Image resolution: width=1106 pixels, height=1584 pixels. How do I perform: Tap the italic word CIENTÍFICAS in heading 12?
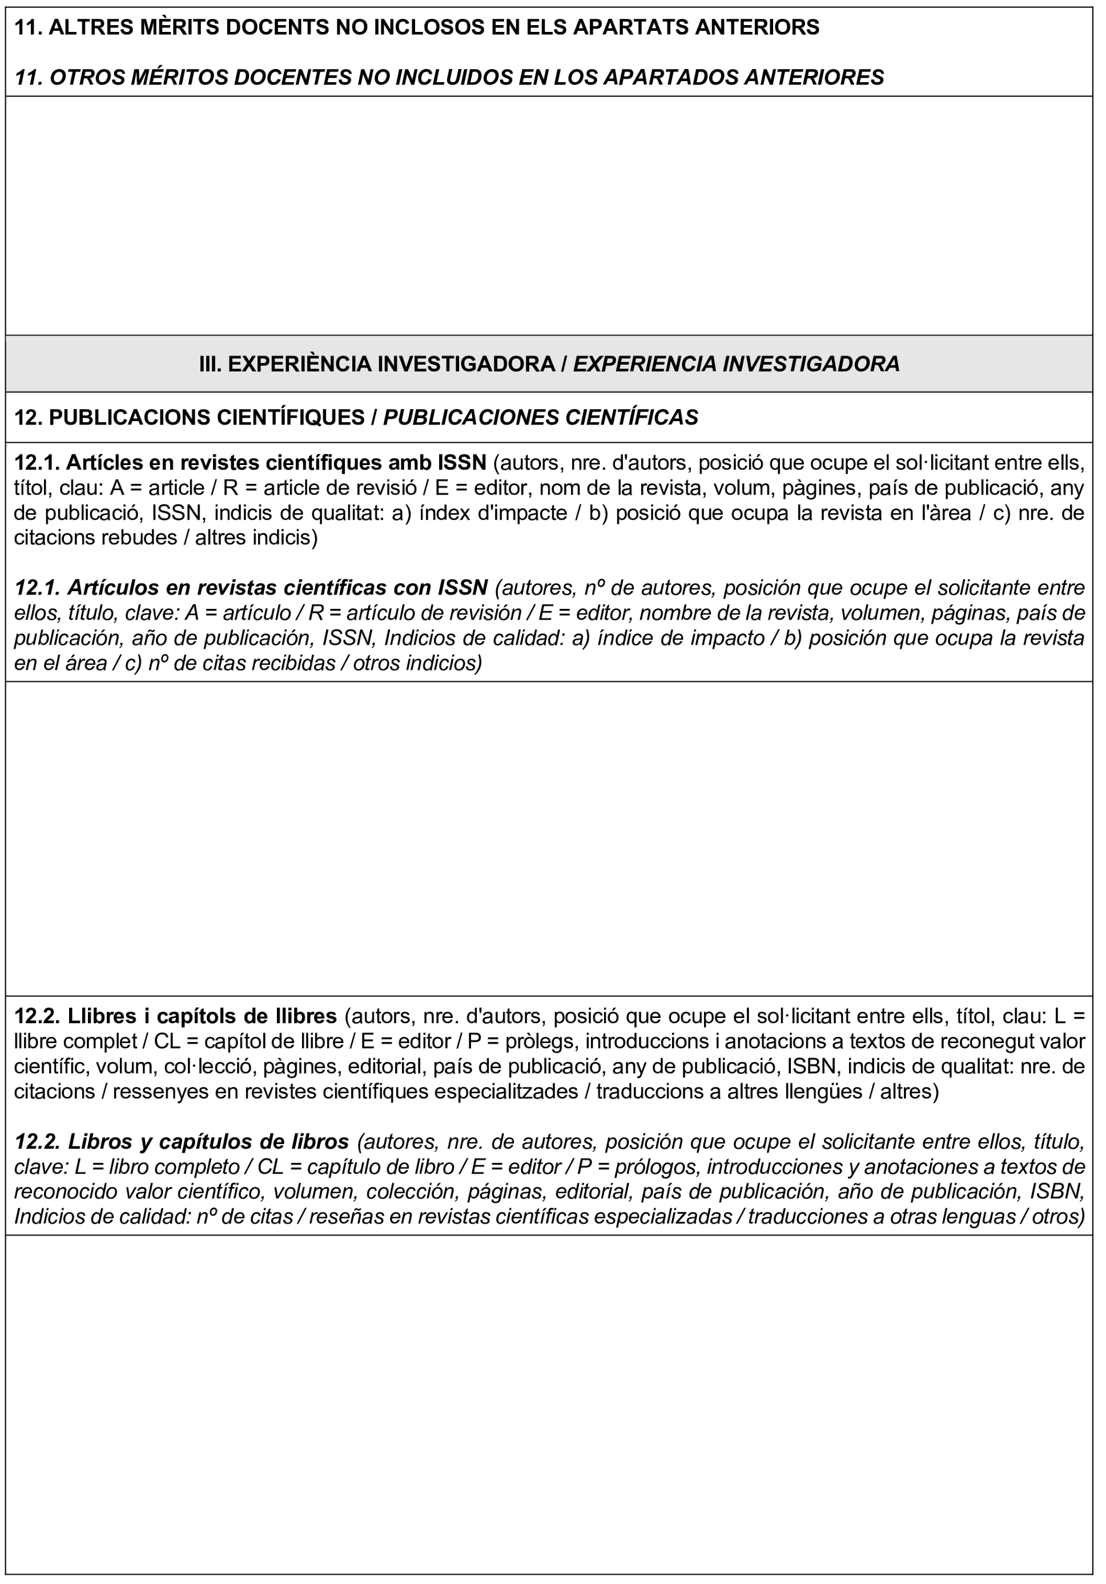point(631,417)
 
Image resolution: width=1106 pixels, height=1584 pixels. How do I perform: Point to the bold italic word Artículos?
point(112,588)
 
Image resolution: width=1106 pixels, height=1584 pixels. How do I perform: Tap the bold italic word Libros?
point(97,1142)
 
